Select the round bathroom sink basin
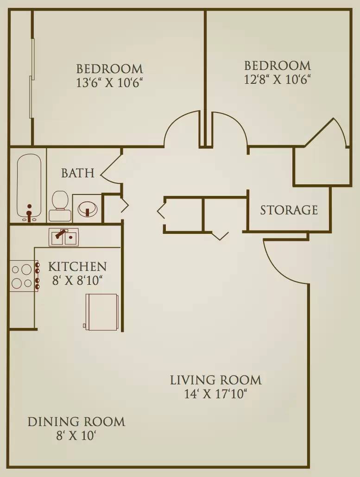point(88,208)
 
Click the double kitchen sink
point(63,237)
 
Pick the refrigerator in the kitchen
point(101,311)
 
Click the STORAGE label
point(289,210)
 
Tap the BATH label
point(78,173)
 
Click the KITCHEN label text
point(77,266)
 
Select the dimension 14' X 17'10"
point(215,394)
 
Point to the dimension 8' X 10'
point(76,436)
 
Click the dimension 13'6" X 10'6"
point(109,82)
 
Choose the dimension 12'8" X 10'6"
point(277,79)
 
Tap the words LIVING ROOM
point(215,380)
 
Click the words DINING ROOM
point(76,422)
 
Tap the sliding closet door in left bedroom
point(32,78)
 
